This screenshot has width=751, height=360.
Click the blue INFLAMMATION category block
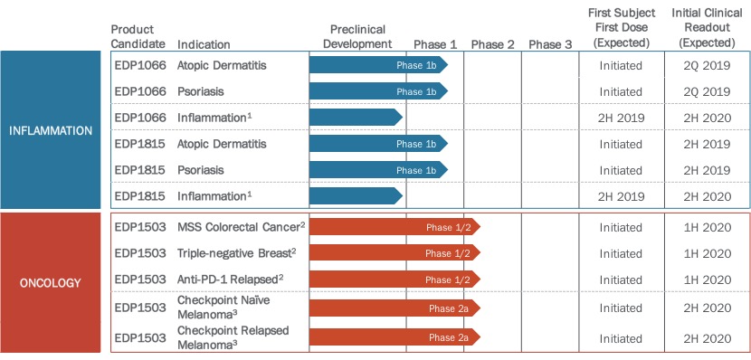coord(51,129)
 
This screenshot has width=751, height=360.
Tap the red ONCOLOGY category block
coord(51,282)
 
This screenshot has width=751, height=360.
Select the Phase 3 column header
coord(550,45)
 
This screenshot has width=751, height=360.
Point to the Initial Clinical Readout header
coord(707,27)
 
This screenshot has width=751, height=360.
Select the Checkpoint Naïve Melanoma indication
coord(223,308)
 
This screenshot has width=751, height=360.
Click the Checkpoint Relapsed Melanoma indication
coord(233,337)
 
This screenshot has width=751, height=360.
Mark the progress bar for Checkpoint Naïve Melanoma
coord(395,308)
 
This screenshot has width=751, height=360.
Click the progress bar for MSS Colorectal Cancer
coord(395,227)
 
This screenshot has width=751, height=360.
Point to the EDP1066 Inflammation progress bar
coord(356,118)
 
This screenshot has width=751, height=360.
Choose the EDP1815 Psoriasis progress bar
coord(378,170)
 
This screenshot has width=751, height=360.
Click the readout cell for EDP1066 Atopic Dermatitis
coord(707,65)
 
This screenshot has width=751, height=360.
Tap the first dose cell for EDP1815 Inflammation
coord(622,196)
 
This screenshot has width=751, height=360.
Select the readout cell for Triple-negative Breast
coord(707,253)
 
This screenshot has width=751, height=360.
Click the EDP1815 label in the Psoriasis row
coord(140,170)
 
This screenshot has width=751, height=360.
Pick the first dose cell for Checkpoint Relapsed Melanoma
coord(622,338)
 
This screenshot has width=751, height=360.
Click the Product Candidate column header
coord(138,37)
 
